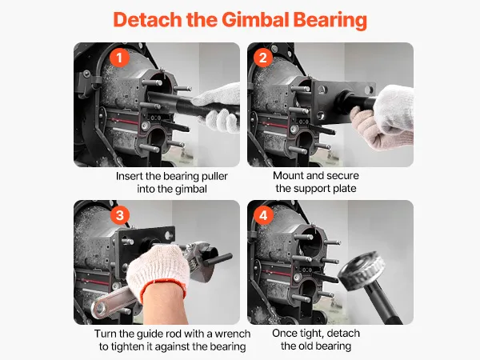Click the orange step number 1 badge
point(119,58)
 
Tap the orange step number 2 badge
point(263,58)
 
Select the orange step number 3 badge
point(119,215)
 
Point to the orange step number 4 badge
point(263,215)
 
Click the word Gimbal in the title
point(255,19)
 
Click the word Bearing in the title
point(330,20)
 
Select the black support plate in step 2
point(343,102)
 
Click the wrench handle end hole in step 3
point(98,308)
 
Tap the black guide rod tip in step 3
point(229,257)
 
